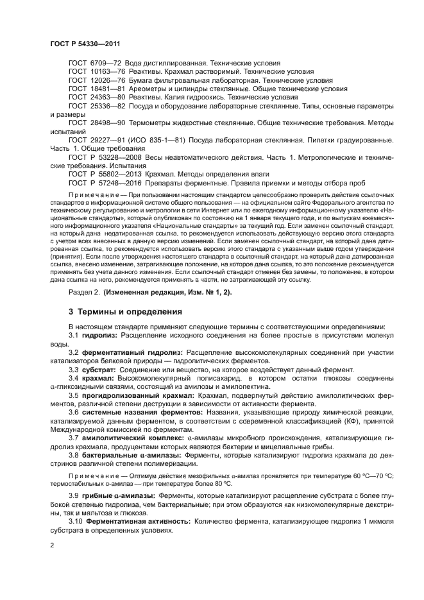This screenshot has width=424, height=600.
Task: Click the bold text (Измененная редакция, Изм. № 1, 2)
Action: (173, 292)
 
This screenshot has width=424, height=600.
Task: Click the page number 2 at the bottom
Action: (51, 545)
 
